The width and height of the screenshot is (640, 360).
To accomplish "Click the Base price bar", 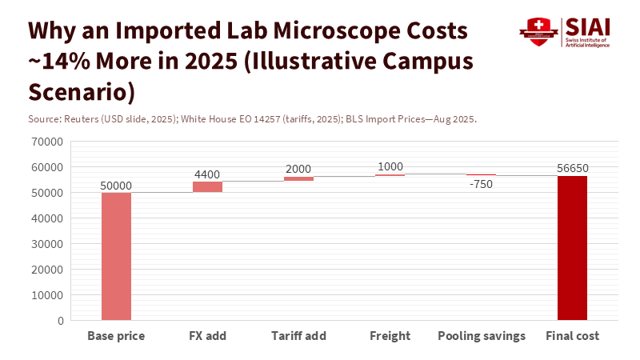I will tap(116, 256).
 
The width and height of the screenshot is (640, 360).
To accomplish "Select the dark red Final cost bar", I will tap(572, 248).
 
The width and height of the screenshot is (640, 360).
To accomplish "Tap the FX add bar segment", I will tap(207, 186).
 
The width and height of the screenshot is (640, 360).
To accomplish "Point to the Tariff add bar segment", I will tap(298, 178).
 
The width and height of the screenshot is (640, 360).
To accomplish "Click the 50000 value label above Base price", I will tap(116, 186).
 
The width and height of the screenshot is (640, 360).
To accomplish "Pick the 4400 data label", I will tap(207, 174).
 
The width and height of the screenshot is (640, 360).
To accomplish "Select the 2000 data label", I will tap(298, 169).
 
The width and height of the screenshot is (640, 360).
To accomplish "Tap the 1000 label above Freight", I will tap(390, 166).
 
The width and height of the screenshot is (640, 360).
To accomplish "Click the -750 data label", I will tap(481, 183).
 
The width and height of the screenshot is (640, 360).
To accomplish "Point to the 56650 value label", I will tap(572, 168).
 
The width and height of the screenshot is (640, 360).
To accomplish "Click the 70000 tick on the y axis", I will tap(48, 142).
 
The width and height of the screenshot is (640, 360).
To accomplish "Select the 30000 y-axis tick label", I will tap(48, 244).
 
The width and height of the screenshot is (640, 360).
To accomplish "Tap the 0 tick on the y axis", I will tap(61, 321).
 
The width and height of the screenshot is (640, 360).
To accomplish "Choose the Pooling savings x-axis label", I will tap(482, 336).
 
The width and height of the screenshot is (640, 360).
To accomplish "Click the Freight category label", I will tap(390, 336).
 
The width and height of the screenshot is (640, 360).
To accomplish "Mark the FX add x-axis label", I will tap(207, 336).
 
